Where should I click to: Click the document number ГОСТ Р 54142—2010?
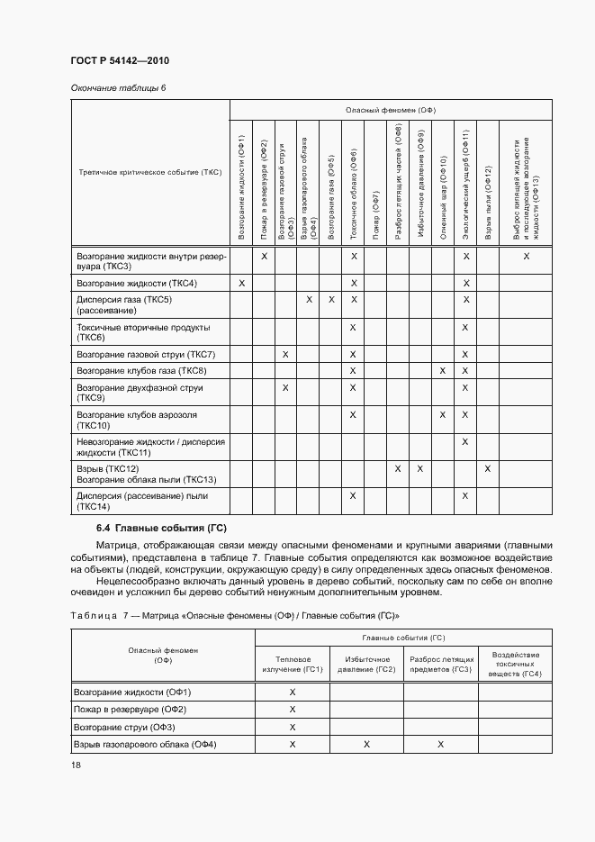[120, 60]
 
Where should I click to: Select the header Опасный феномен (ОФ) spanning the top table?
[390, 110]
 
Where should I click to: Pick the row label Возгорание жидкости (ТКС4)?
[137, 284]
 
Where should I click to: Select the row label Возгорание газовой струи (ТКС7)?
[146, 355]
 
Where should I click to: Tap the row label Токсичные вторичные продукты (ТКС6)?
[144, 332]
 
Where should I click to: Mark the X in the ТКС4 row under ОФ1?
[242, 284]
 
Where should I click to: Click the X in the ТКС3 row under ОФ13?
[527, 257]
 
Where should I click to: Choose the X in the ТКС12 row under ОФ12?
[488, 468]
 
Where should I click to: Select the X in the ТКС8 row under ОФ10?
[443, 371]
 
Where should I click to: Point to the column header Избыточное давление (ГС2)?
[366, 664]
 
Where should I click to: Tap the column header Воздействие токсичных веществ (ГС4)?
[515, 664]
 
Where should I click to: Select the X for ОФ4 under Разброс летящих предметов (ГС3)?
[440, 744]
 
